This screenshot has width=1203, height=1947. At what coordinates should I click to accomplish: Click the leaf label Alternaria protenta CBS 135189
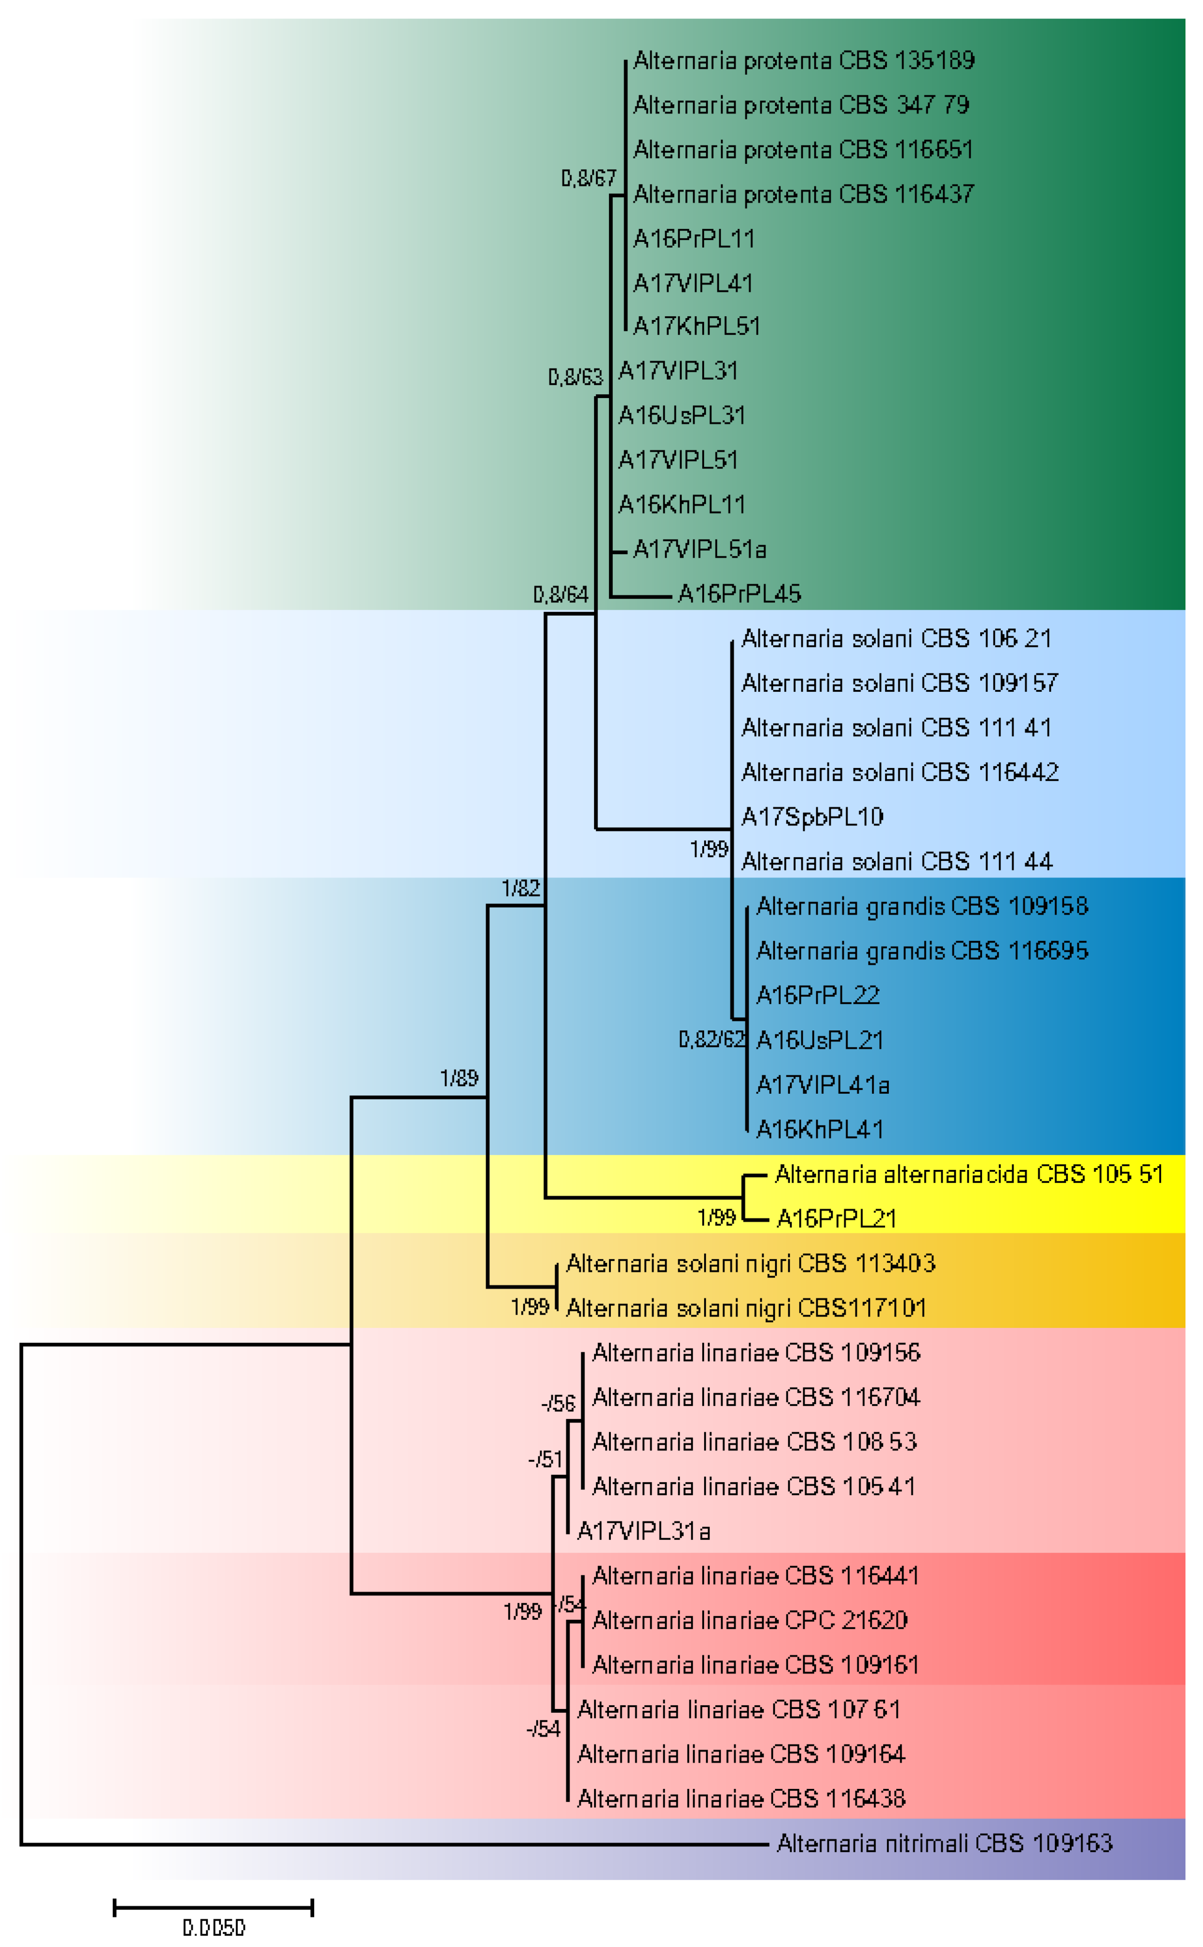(x=804, y=60)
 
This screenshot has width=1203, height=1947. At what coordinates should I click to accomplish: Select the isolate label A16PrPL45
(x=739, y=594)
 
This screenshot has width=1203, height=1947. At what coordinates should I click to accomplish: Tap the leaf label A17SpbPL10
(x=812, y=817)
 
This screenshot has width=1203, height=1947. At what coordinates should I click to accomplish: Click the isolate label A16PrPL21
(x=836, y=1219)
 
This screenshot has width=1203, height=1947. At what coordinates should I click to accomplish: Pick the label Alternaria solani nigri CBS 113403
(x=750, y=1264)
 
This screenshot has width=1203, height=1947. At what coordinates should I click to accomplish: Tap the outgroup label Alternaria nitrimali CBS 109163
(x=945, y=1844)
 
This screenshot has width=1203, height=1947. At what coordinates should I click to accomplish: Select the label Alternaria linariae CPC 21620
(x=749, y=1621)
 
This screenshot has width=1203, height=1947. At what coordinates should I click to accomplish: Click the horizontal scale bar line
(x=213, y=1907)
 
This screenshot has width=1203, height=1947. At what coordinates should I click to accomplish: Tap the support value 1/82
(x=520, y=889)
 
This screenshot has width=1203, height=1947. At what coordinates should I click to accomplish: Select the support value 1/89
(x=459, y=1079)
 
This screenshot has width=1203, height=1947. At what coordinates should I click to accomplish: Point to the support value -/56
(x=558, y=1404)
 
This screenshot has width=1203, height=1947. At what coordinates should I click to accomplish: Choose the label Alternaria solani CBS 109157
(x=900, y=683)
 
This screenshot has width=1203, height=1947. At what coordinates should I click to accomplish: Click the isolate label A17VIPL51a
(x=699, y=549)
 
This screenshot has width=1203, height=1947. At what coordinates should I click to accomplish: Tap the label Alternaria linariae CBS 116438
(x=741, y=1799)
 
